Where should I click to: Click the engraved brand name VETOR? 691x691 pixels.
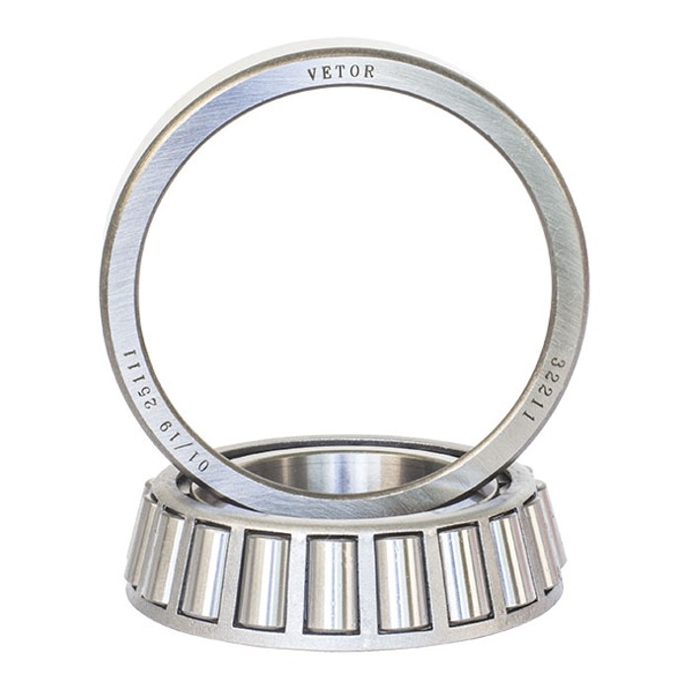pyautogui.click(x=341, y=72)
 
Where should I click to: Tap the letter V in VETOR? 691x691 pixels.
pyautogui.click(x=312, y=74)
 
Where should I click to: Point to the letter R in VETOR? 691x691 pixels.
pyautogui.click(x=369, y=71)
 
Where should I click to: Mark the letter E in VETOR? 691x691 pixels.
pyautogui.click(x=327, y=73)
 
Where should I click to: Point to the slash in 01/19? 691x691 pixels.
pyautogui.click(x=178, y=444)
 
